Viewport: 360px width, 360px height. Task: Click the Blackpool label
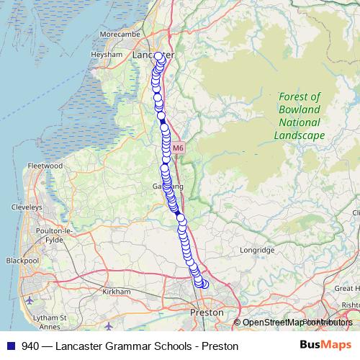click(x=21, y=260)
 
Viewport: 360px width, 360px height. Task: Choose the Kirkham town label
click(x=117, y=292)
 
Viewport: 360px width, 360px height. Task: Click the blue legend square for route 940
click(x=12, y=346)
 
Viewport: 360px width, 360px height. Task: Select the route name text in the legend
click(x=130, y=346)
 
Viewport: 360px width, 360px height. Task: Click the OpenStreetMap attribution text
click(x=292, y=322)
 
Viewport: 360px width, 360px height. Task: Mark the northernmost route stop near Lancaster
click(x=159, y=56)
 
